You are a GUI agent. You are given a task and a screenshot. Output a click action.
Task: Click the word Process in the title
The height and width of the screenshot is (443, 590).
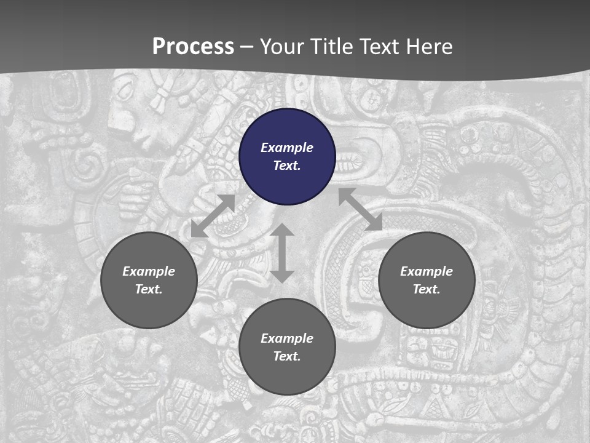coord(193,47)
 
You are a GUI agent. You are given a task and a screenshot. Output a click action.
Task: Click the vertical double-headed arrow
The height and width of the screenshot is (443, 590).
coord(282,253)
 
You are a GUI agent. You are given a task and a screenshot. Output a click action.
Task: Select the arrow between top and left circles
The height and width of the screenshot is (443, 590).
coord(213,216)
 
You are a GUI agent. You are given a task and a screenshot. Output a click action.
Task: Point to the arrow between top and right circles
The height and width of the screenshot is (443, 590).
coord(360,209)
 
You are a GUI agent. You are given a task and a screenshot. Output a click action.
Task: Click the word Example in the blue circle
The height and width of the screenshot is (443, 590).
coord(287,148)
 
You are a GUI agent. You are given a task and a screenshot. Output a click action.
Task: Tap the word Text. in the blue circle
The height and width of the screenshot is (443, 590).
coord(287,166)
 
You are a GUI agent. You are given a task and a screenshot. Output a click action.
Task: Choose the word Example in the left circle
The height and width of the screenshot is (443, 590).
coord(149,271)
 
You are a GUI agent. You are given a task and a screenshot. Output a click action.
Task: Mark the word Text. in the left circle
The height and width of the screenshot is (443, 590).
coord(149,289)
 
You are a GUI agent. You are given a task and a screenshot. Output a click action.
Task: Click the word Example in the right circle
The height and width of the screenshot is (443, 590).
coord(427,271)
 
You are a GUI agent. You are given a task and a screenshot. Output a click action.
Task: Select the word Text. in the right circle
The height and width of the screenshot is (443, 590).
coord(427,289)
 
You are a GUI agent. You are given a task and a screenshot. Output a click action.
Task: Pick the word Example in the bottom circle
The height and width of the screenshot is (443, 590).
coord(287,338)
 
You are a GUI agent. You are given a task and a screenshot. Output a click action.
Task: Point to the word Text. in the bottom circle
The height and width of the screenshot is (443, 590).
coord(287,356)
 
